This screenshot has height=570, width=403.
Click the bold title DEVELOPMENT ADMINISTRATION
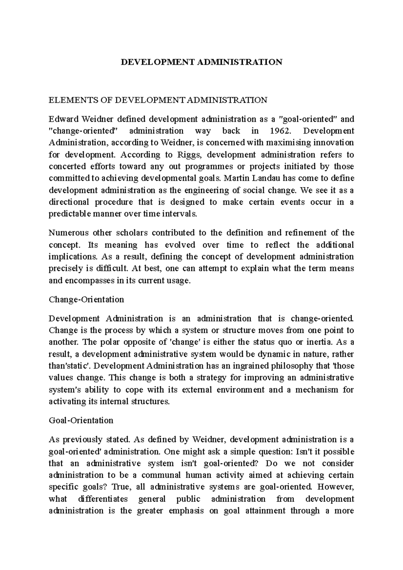201,62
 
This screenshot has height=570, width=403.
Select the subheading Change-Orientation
86,299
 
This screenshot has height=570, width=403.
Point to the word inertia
319,342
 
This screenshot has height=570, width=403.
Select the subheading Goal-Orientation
81,420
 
